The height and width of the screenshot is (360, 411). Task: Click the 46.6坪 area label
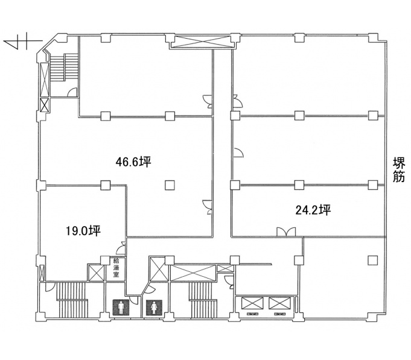[133, 162]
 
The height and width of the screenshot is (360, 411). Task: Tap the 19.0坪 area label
[83, 231]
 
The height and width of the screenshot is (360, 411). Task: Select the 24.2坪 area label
[313, 210]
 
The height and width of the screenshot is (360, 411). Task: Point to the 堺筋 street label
[399, 169]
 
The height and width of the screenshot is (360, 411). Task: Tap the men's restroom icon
[121, 308]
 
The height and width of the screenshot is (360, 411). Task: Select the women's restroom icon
[154, 308]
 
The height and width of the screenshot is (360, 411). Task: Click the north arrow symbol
[22, 41]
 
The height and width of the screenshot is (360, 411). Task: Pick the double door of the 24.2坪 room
[286, 232]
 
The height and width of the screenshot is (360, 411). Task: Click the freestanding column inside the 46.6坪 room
[170, 185]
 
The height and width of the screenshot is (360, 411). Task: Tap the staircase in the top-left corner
[64, 68]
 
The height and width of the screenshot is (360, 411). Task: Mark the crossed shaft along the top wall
[202, 42]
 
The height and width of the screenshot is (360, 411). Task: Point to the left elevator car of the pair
[252, 303]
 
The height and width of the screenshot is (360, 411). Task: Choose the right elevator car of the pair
[279, 303]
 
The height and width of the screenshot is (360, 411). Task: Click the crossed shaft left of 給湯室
[96, 273]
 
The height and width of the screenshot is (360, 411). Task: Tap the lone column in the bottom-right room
[372, 260]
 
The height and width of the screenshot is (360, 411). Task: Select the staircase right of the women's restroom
[203, 300]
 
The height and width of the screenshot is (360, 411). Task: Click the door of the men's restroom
[134, 300]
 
